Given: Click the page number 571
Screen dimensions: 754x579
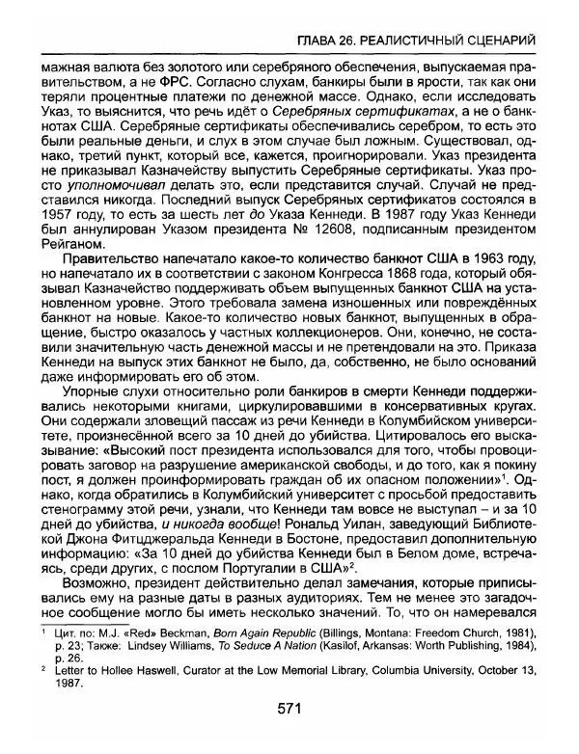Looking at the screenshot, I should point(289,736).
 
